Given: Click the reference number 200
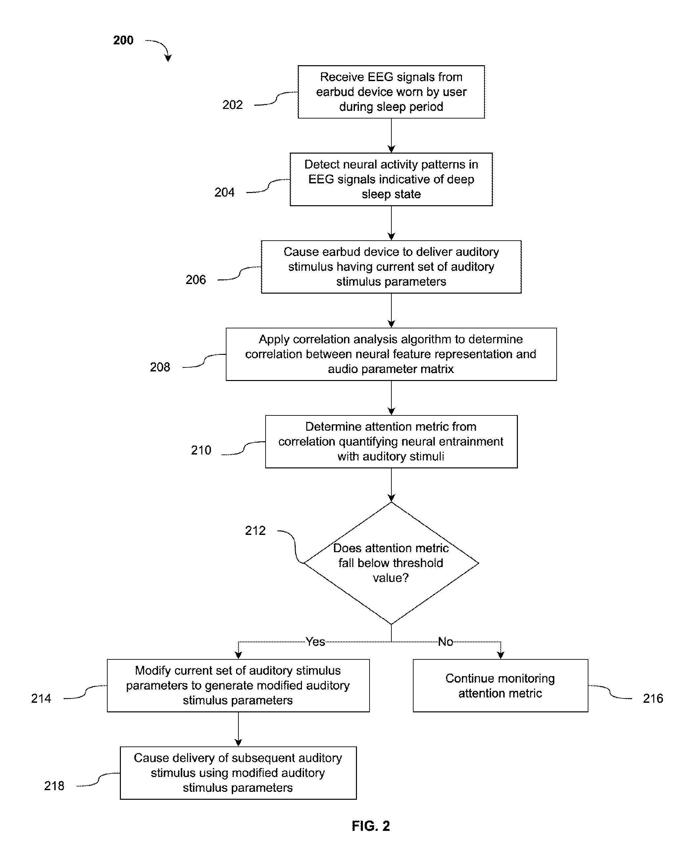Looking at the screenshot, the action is (123, 40).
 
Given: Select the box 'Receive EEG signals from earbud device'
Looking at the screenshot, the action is (391, 92).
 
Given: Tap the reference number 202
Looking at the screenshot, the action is (232, 105).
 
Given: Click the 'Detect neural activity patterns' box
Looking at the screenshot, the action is (391, 179).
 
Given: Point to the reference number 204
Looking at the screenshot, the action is (224, 192).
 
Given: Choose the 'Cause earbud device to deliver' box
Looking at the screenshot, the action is (391, 267).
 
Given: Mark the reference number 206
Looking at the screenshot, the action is (196, 280).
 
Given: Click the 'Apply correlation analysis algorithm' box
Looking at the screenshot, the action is (391, 355).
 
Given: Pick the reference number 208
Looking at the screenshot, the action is (160, 367).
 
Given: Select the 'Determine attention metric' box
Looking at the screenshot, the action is (391, 442).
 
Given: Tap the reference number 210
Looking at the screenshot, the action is (201, 450).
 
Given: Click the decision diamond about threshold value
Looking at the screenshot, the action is (391, 563).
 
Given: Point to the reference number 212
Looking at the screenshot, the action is (255, 531).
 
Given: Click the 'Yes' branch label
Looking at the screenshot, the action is (315, 642).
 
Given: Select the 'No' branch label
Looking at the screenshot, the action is (445, 642).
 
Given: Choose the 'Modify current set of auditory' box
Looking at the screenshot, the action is (238, 686).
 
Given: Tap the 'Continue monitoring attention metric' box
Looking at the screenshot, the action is (500, 686).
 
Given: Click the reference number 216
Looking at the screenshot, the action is (653, 698).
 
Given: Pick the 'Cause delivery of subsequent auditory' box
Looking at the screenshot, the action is (238, 773).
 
